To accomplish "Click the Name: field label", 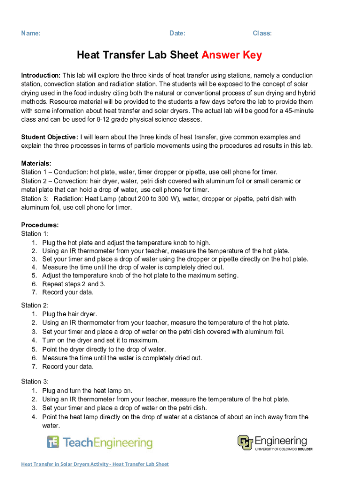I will pyautogui.click(x=31, y=33).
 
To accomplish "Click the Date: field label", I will pyautogui.click(x=177, y=33).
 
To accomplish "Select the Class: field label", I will pyautogui.click(x=262, y=33).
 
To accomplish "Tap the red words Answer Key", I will pyautogui.click(x=231, y=55).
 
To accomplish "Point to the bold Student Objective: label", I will pyautogui.click(x=50, y=137).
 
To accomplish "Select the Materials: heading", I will pyautogui.click(x=36, y=163).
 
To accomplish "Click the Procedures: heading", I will pyautogui.click(x=40, y=225).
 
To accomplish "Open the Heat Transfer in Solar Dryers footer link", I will pyautogui.click(x=95, y=464).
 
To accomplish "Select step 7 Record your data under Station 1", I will pyautogui.click(x=68, y=292).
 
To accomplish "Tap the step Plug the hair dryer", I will pyautogui.click(x=70, y=314).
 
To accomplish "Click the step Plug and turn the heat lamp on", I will pyautogui.click(x=87, y=391).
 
